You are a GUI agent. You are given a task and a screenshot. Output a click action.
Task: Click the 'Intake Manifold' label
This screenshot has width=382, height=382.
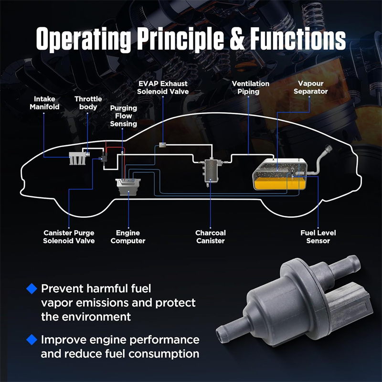(44, 103)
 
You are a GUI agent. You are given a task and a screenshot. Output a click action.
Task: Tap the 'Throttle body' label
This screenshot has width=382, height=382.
(88, 103)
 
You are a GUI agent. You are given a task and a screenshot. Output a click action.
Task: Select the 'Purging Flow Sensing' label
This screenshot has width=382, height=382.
(124, 116)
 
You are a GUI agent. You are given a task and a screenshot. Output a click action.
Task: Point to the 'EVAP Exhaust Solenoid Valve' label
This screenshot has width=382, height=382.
(163, 87)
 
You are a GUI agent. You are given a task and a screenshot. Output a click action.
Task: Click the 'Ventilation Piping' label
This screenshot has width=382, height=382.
(251, 87)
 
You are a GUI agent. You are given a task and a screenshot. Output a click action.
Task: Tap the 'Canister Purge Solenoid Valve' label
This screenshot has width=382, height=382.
(69, 237)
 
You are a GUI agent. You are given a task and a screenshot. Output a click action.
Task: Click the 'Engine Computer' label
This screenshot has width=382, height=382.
(127, 237)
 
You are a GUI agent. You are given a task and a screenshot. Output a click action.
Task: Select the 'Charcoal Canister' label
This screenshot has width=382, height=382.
(211, 237)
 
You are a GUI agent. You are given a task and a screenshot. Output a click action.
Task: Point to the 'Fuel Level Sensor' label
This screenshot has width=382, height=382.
(318, 237)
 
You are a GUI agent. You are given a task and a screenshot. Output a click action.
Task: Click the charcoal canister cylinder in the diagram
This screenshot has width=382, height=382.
(209, 170)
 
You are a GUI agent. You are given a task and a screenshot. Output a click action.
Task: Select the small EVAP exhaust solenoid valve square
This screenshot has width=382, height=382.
(163, 144)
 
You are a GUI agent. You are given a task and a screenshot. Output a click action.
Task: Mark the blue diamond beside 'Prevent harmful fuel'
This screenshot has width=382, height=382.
(32, 288)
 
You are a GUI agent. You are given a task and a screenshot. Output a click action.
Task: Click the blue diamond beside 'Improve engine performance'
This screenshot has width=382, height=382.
(32, 340)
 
